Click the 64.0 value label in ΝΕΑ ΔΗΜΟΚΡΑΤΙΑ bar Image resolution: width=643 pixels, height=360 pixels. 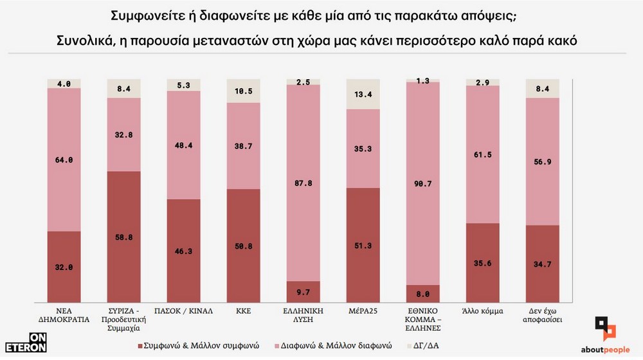click(x=64, y=160)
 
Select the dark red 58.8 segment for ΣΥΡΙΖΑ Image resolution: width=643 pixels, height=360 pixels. click(x=123, y=237)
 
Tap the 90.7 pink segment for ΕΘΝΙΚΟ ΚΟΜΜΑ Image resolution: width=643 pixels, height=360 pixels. click(x=423, y=183)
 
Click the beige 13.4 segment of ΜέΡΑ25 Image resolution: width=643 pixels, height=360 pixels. click(x=363, y=94)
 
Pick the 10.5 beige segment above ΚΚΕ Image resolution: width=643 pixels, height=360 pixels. click(x=243, y=91)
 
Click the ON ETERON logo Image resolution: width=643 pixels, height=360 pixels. click(x=31, y=343)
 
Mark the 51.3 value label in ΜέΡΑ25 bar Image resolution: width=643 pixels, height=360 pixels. click(x=363, y=247)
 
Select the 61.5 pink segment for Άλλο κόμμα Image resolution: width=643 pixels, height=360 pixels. click(x=483, y=154)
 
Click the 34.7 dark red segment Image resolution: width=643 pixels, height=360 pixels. click(x=543, y=264)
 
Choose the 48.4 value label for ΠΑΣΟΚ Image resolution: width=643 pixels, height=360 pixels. click(x=183, y=145)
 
